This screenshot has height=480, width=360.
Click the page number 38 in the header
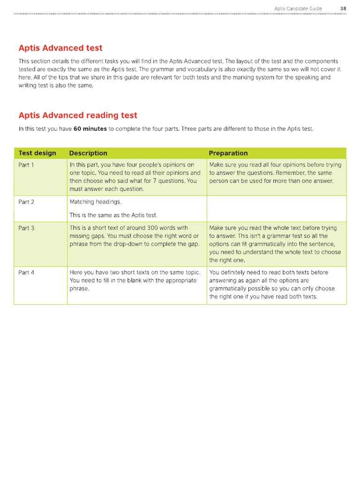pos(343,8)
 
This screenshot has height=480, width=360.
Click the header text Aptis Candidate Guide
pos(298,8)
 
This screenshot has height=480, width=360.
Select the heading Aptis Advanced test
pos(60,48)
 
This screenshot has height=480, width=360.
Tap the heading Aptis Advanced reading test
pos(78,115)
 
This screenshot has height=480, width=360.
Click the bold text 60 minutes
pos(90,129)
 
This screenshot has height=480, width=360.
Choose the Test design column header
pos(37,153)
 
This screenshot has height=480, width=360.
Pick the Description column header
pos(88,153)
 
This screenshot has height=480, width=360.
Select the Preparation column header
pos(228,153)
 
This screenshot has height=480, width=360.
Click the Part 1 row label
pos(26,165)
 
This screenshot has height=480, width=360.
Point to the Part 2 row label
pos(26,202)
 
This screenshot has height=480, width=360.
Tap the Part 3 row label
pos(26,228)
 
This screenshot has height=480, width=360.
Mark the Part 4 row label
pos(26,272)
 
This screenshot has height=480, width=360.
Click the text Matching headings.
pos(95,202)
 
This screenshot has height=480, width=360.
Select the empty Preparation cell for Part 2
pos(276,209)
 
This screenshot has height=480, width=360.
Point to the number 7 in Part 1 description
pos(154,181)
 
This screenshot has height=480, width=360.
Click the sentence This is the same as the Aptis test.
pos(113,215)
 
